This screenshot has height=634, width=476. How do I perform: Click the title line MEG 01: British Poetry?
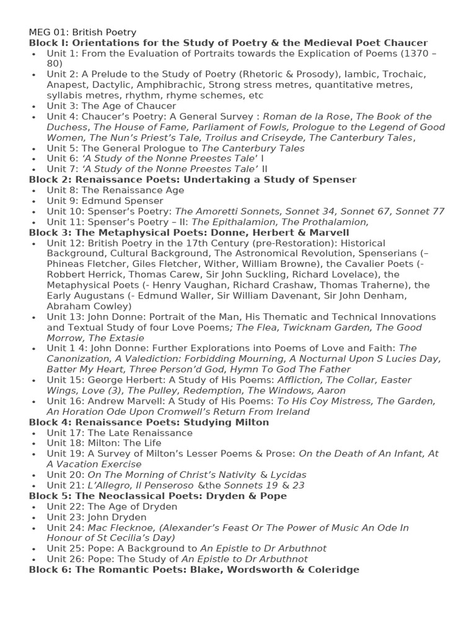click(x=82, y=32)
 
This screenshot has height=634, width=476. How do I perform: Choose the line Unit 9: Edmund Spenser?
click(x=105, y=201)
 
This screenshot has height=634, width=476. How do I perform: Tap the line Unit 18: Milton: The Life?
click(x=104, y=443)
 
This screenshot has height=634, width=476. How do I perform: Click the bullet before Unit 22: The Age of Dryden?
click(x=33, y=507)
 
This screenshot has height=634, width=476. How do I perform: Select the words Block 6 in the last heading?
click(x=48, y=570)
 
